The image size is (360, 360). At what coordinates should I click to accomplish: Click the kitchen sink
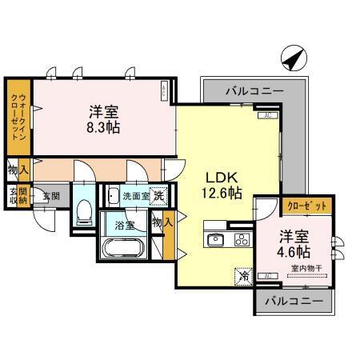pos(215,239)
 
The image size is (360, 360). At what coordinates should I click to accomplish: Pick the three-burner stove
pos(241,238)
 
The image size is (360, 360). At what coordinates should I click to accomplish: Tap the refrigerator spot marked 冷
pos(242,275)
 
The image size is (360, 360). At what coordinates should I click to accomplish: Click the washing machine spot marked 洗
pos(160,194)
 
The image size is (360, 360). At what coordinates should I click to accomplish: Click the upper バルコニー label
pos(254,91)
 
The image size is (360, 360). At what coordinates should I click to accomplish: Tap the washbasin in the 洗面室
pos(113,194)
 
